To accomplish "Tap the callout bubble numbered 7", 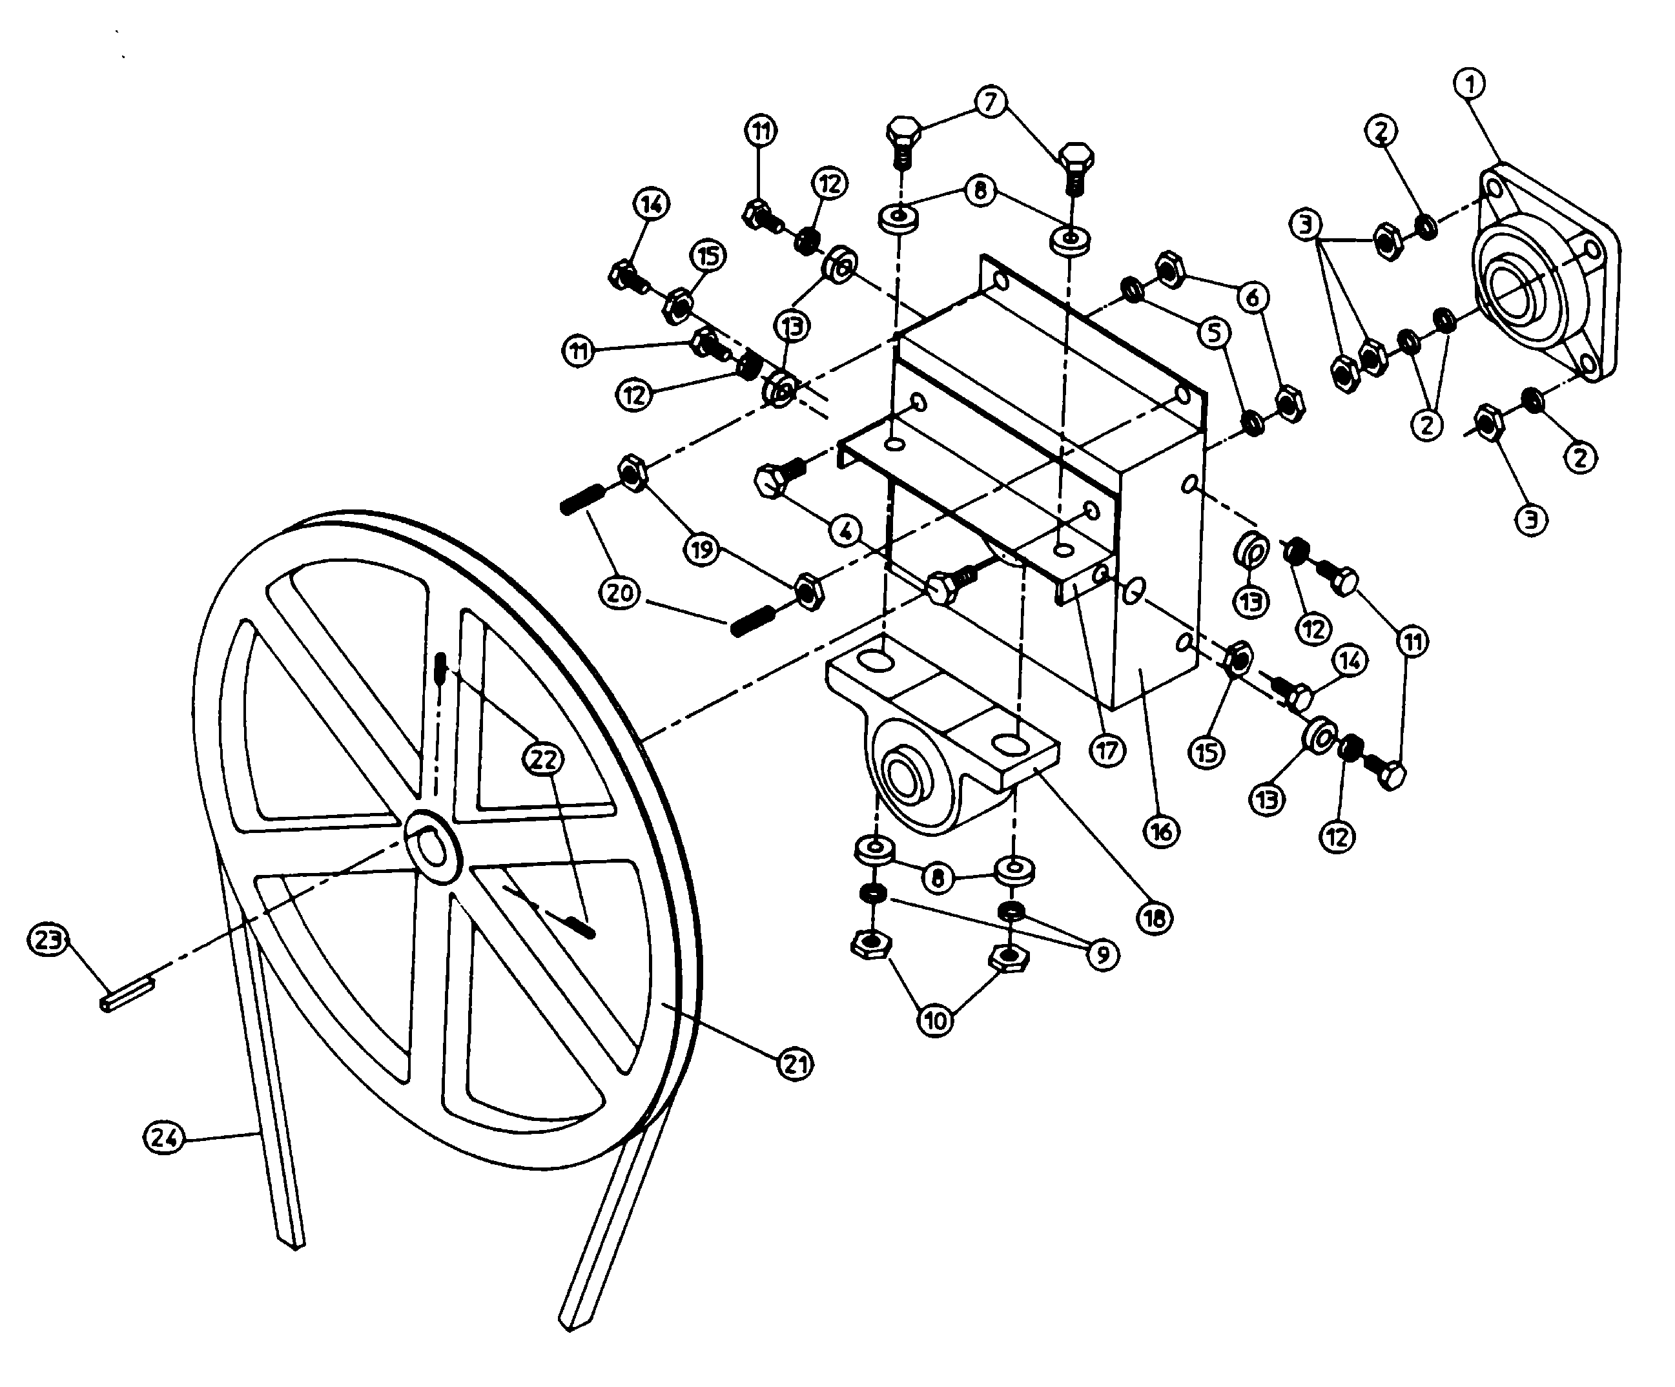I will pyautogui.click(x=991, y=102).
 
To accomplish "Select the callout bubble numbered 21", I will pyautogui.click(x=796, y=1064).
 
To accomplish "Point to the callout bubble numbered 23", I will pyautogui.click(x=48, y=940).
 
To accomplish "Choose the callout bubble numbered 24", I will pyautogui.click(x=163, y=1137).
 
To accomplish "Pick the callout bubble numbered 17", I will pyautogui.click(x=1107, y=750).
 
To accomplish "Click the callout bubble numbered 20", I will pyautogui.click(x=620, y=593).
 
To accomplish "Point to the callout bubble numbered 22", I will pyautogui.click(x=542, y=759).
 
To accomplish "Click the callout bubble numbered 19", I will pyautogui.click(x=701, y=550).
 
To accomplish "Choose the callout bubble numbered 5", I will pyautogui.click(x=1214, y=333).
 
